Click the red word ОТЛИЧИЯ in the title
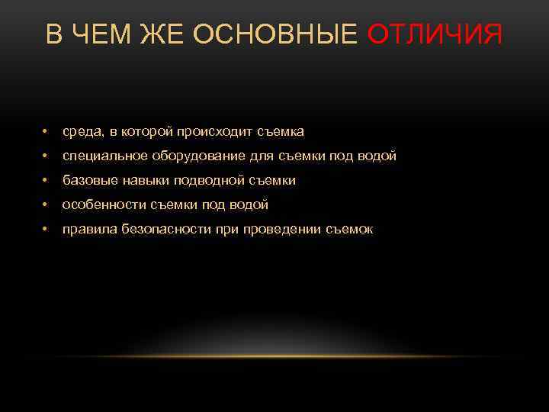[435, 34]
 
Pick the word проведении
[281, 230]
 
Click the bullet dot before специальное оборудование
[47, 157]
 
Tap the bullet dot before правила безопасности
[47, 230]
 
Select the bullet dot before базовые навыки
[47, 182]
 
